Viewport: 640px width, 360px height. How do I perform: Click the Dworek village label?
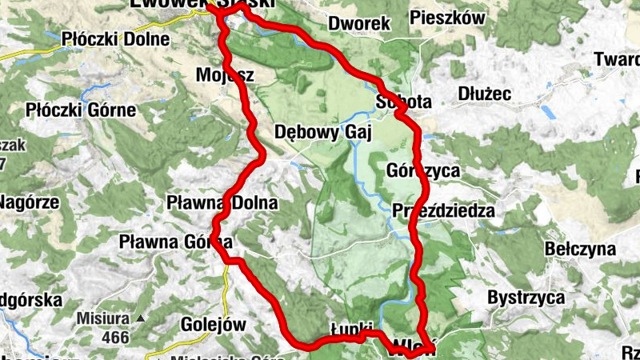(358, 22)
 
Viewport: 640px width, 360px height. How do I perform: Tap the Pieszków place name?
(458, 17)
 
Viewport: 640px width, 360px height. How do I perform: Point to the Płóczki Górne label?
(81, 110)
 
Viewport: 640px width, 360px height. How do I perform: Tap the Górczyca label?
(422, 170)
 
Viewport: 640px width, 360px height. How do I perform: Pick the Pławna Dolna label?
(223, 203)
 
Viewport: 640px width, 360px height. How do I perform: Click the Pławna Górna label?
(175, 240)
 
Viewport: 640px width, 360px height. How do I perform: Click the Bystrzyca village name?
(526, 298)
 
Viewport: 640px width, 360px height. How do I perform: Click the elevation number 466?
(115, 338)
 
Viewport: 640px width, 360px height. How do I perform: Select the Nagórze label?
(29, 202)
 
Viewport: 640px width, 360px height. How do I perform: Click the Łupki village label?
(352, 330)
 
